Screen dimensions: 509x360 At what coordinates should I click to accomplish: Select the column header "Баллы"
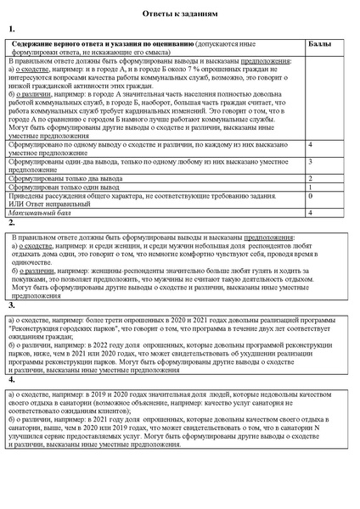pos(318,42)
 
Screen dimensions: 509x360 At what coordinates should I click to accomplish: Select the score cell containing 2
pos(311,178)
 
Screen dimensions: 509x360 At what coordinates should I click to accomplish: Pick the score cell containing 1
pos(311,187)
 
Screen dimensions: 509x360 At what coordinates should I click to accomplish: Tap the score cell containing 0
pos(311,196)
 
